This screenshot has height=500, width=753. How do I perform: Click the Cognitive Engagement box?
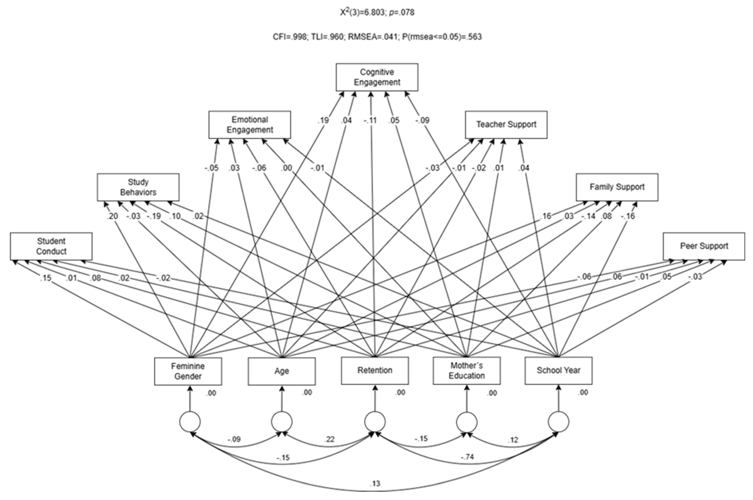(377, 77)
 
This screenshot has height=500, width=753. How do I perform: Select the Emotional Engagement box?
(250, 125)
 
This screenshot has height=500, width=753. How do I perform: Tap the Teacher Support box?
(506, 125)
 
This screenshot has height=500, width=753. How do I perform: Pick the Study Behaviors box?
(138, 187)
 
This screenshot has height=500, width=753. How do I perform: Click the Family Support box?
(617, 187)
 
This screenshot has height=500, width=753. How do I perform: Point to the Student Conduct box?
(51, 246)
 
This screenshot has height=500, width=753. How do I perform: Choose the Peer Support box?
(704, 246)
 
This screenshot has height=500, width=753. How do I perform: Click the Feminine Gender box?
(188, 371)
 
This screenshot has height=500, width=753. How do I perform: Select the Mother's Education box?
(467, 370)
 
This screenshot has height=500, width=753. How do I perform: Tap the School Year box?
(558, 370)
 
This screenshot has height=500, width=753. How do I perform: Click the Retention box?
(375, 370)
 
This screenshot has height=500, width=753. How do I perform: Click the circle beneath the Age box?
(281, 421)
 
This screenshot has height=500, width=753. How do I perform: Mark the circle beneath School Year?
(558, 421)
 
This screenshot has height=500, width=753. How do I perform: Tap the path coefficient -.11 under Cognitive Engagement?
(370, 121)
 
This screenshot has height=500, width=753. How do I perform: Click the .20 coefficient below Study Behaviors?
(112, 216)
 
